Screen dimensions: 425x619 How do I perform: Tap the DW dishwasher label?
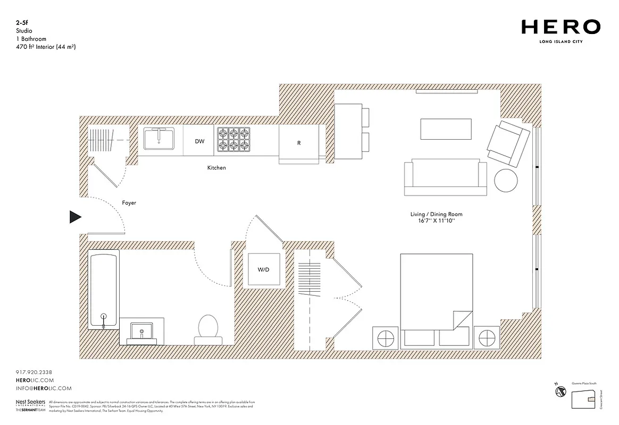click(199, 141)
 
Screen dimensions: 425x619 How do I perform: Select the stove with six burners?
click(232, 140)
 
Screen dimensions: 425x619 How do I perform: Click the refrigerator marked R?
click(299, 143)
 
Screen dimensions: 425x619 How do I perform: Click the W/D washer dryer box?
click(263, 270)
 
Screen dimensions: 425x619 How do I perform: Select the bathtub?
click(104, 290)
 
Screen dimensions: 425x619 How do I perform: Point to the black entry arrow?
click(76, 217)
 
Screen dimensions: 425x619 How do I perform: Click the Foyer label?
click(129, 203)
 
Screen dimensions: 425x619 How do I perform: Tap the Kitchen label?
click(216, 168)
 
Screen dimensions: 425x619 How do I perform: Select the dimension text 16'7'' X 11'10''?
click(436, 220)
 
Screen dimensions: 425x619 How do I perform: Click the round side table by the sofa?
click(506, 181)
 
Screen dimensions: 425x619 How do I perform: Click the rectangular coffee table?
click(446, 129)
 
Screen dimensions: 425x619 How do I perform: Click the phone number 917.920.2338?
click(34, 372)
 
